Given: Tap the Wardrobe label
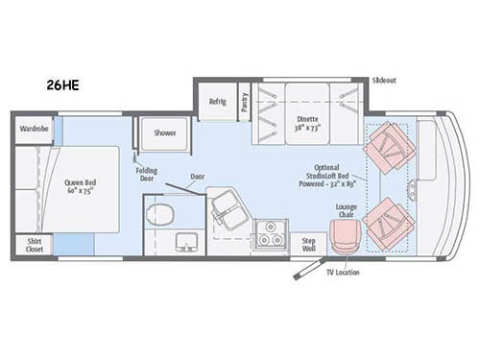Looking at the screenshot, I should coord(32,128).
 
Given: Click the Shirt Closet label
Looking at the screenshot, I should coord(34,245).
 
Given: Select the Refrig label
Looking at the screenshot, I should coord(217,102).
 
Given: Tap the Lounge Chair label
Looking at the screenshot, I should coord(347,210).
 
